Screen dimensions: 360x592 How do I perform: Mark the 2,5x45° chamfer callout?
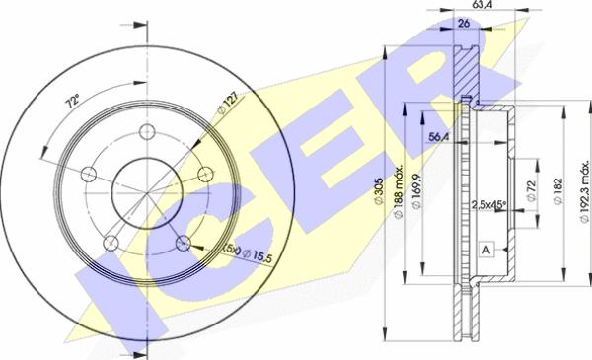tap(488, 204)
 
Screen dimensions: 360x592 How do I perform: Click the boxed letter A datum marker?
tap(486, 249)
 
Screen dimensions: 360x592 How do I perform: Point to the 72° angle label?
tap(70, 104)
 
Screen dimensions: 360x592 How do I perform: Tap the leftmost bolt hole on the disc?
tap(89, 175)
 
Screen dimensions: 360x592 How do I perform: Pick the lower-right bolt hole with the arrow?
tap(183, 242)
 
